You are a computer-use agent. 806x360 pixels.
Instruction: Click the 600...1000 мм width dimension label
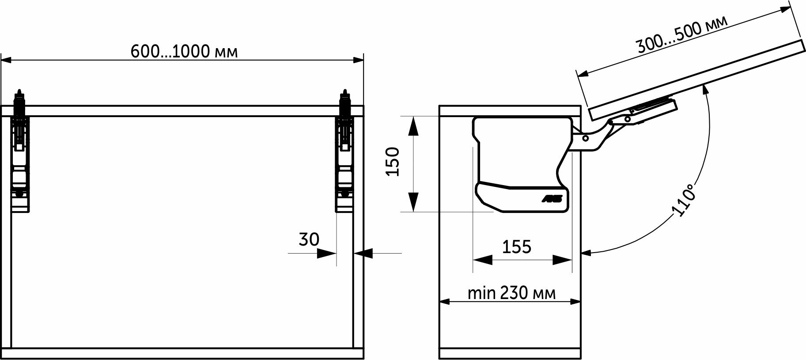(x=184, y=52)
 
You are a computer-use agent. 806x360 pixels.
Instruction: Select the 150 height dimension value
(x=393, y=162)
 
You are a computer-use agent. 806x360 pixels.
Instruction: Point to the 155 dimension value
(x=517, y=246)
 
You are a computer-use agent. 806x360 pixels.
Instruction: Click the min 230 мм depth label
(x=512, y=293)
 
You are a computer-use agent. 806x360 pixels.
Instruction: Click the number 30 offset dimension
(x=309, y=239)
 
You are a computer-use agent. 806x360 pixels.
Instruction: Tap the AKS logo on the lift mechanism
(x=552, y=199)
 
